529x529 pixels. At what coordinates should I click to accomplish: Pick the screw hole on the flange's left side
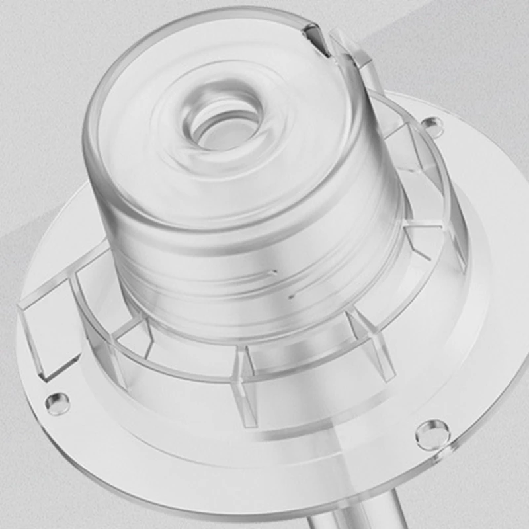[57, 401]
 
